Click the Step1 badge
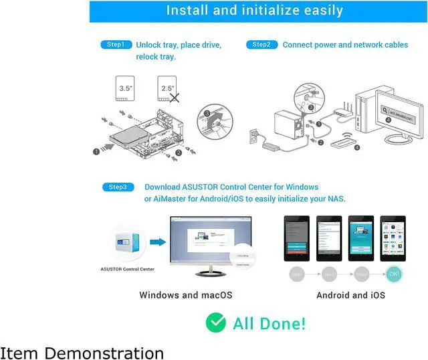click(x=116, y=45)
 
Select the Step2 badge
click(x=261, y=45)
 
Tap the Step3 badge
click(x=118, y=187)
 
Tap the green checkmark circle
click(x=215, y=323)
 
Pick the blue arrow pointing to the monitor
click(x=158, y=242)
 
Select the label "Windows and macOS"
click(x=186, y=295)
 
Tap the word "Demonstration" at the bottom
click(x=113, y=353)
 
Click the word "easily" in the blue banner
click(x=319, y=11)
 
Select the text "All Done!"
click(x=269, y=324)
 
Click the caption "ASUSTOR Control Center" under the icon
click(x=127, y=269)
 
